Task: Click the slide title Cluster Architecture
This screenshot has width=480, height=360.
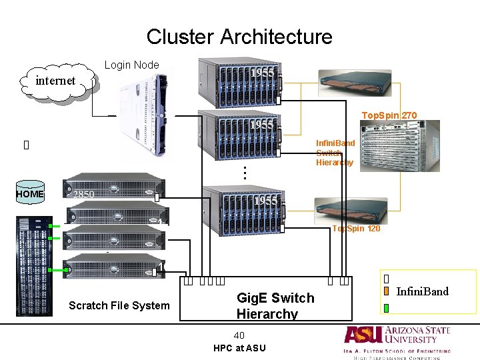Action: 239,37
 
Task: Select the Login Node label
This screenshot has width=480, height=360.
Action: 132,65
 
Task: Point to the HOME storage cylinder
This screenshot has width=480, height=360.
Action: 30,194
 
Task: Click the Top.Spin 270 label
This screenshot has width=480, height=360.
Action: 389,115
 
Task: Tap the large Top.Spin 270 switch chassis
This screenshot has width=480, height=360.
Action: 400,145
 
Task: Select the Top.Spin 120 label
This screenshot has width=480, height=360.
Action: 356,229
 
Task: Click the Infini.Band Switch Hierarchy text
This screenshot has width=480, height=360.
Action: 335,153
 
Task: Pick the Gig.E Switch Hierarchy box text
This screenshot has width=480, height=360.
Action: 275,305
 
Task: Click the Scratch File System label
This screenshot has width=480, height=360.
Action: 119,305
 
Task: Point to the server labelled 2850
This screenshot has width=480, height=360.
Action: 113,194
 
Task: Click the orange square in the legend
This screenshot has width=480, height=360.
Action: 387,291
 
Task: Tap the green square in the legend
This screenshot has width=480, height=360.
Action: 387,307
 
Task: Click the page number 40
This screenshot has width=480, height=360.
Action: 239,335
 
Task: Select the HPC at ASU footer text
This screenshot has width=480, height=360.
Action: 239,348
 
